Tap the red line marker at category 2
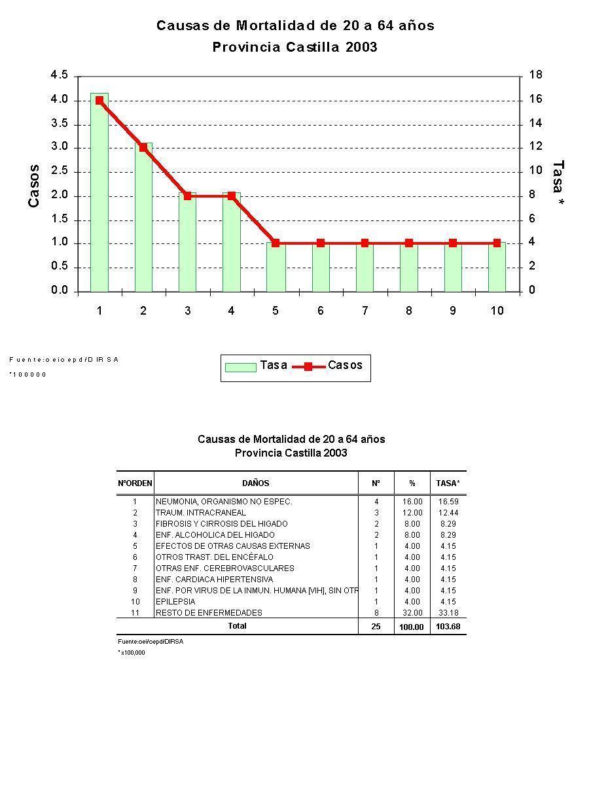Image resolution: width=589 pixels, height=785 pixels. [143, 147]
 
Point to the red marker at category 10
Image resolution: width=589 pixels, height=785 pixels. [497, 243]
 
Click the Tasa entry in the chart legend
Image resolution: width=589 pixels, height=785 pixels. [257, 366]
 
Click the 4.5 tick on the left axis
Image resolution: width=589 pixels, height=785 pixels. [59, 76]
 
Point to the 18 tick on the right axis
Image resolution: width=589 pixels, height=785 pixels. [535, 76]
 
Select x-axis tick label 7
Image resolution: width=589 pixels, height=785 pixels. [365, 311]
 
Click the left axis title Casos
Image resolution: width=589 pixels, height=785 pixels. [34, 186]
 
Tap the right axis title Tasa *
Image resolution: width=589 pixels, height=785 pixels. [558, 185]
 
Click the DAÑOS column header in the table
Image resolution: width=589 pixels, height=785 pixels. [256, 483]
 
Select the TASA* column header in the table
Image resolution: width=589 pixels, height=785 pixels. [448, 483]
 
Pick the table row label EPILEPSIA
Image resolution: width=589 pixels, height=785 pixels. [175, 602]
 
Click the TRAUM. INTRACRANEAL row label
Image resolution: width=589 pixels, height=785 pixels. [201, 513]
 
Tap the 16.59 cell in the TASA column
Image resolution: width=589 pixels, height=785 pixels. [448, 502]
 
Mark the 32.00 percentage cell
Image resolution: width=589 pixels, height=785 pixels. [412, 613]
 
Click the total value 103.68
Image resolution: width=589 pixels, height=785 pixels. [448, 627]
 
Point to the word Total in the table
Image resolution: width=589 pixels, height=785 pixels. [237, 626]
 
